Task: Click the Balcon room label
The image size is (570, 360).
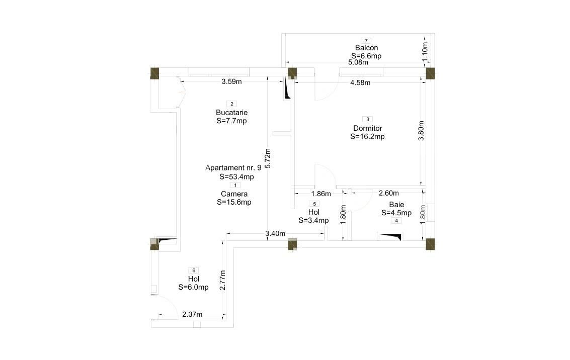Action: click(366, 48)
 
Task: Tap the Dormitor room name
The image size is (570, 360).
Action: click(368, 128)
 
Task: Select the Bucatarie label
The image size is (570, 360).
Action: click(231, 113)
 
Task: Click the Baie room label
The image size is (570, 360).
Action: click(396, 205)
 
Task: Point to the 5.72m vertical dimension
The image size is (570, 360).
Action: click(268, 158)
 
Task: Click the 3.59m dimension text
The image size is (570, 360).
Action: click(232, 81)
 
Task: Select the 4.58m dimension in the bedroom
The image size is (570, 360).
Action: click(360, 82)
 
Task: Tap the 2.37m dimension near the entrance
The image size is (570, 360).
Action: click(192, 315)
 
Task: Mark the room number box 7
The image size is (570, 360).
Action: click(366, 40)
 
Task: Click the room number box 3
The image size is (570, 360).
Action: click(368, 119)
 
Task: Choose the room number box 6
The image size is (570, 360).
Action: click(194, 271)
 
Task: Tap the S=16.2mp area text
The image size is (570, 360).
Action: click(368, 136)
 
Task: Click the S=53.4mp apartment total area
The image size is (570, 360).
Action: click(236, 176)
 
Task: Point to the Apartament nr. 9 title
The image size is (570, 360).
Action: click(233, 168)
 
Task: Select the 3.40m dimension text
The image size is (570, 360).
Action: click(275, 234)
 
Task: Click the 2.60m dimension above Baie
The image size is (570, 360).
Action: click(388, 193)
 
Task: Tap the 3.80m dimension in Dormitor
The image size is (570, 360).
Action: click(422, 131)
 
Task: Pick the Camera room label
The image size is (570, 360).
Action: click(234, 194)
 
